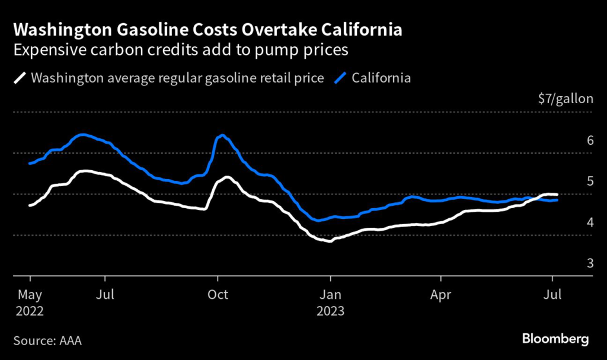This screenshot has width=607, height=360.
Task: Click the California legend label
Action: click(x=381, y=78)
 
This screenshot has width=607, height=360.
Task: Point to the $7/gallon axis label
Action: click(x=566, y=98)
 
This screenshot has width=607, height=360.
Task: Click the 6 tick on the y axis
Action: click(x=590, y=141)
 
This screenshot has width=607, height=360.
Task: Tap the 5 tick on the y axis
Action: click(x=590, y=181)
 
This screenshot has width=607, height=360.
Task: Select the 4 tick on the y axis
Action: click(x=590, y=222)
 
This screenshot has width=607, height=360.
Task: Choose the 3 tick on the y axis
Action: click(x=590, y=263)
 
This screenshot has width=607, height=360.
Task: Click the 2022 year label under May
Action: click(x=30, y=310)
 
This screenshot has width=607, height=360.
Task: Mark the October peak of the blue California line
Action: click(x=222, y=136)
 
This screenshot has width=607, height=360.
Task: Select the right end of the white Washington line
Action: click(x=556, y=195)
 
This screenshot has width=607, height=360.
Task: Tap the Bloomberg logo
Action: click(x=555, y=339)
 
